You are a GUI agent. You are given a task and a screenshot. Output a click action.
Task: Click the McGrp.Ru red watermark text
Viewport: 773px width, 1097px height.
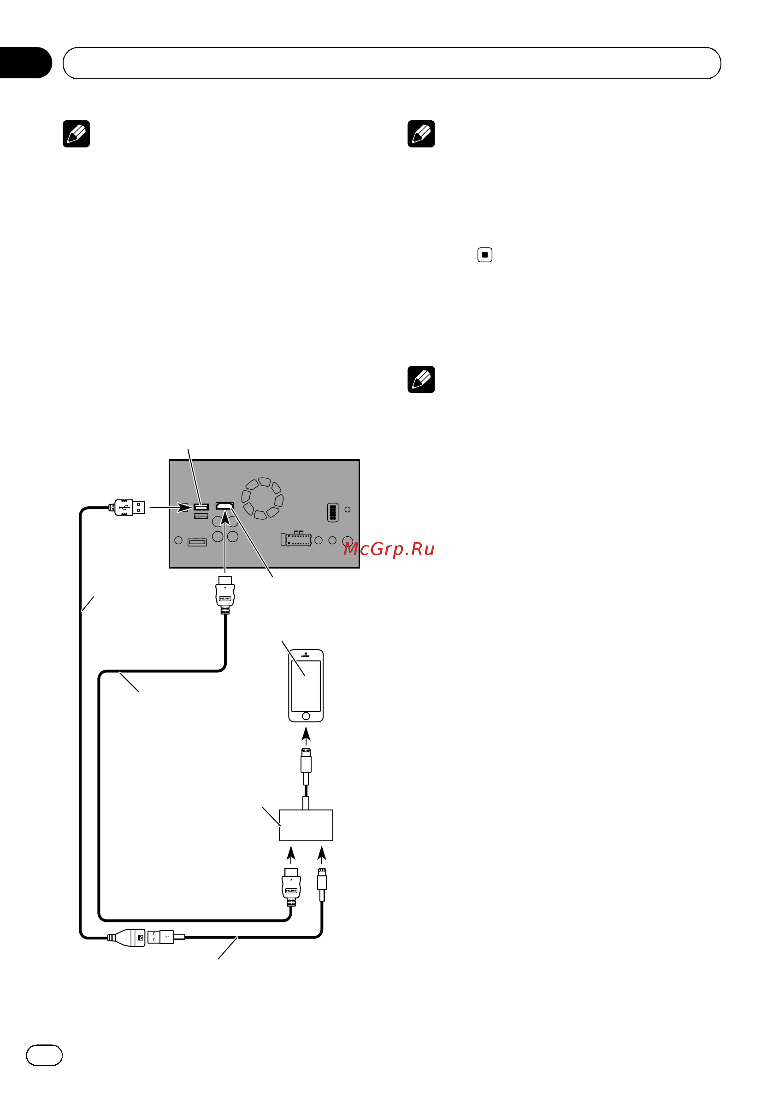click(x=389, y=549)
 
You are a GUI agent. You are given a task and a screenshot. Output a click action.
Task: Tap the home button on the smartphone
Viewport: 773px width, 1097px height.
click(x=306, y=716)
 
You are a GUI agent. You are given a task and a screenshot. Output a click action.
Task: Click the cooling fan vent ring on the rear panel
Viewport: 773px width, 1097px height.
click(x=262, y=498)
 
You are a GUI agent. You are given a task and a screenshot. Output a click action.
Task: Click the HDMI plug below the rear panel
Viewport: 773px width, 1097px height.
click(x=225, y=595)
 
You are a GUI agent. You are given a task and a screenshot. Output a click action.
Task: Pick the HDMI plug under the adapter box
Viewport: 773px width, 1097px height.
click(x=291, y=887)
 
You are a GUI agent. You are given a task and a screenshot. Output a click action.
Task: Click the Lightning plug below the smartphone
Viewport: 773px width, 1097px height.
click(x=306, y=766)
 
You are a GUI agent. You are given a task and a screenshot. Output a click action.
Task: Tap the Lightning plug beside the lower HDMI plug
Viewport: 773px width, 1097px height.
click(x=322, y=885)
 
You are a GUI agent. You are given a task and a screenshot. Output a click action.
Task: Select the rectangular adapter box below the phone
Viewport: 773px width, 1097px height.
click(x=306, y=825)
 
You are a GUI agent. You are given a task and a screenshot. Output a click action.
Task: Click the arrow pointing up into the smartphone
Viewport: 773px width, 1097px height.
click(x=306, y=736)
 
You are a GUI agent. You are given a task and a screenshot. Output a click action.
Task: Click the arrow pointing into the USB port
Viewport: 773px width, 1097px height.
click(x=171, y=507)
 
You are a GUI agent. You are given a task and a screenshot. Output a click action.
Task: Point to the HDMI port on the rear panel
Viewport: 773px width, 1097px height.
click(x=224, y=505)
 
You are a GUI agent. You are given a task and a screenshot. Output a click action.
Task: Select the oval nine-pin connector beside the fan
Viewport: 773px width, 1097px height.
click(x=333, y=512)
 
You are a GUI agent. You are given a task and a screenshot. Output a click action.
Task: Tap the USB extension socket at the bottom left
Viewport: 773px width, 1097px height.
click(x=126, y=938)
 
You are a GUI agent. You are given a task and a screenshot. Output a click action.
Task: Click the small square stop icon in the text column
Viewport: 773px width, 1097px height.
click(x=485, y=255)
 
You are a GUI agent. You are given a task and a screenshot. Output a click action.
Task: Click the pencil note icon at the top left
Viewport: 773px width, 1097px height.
click(x=77, y=134)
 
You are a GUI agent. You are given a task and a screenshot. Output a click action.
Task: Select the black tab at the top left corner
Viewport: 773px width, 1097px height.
click(x=25, y=63)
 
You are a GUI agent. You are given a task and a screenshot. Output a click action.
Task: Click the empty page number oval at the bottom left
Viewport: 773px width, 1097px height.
click(x=44, y=1055)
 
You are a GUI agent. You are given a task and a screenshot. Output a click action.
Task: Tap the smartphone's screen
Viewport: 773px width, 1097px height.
click(x=306, y=686)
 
